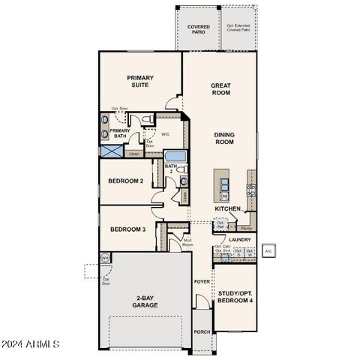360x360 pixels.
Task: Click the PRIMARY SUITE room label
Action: (139, 81)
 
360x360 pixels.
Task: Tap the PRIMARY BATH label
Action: (121, 133)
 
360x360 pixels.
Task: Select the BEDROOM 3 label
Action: (127, 229)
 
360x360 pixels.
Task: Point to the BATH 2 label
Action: (170, 168)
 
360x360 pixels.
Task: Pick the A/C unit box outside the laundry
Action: (268, 250)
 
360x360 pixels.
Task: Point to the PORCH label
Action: (202, 331)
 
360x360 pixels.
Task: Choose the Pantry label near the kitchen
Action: (246, 223)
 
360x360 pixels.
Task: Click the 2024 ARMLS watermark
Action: (31, 344)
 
